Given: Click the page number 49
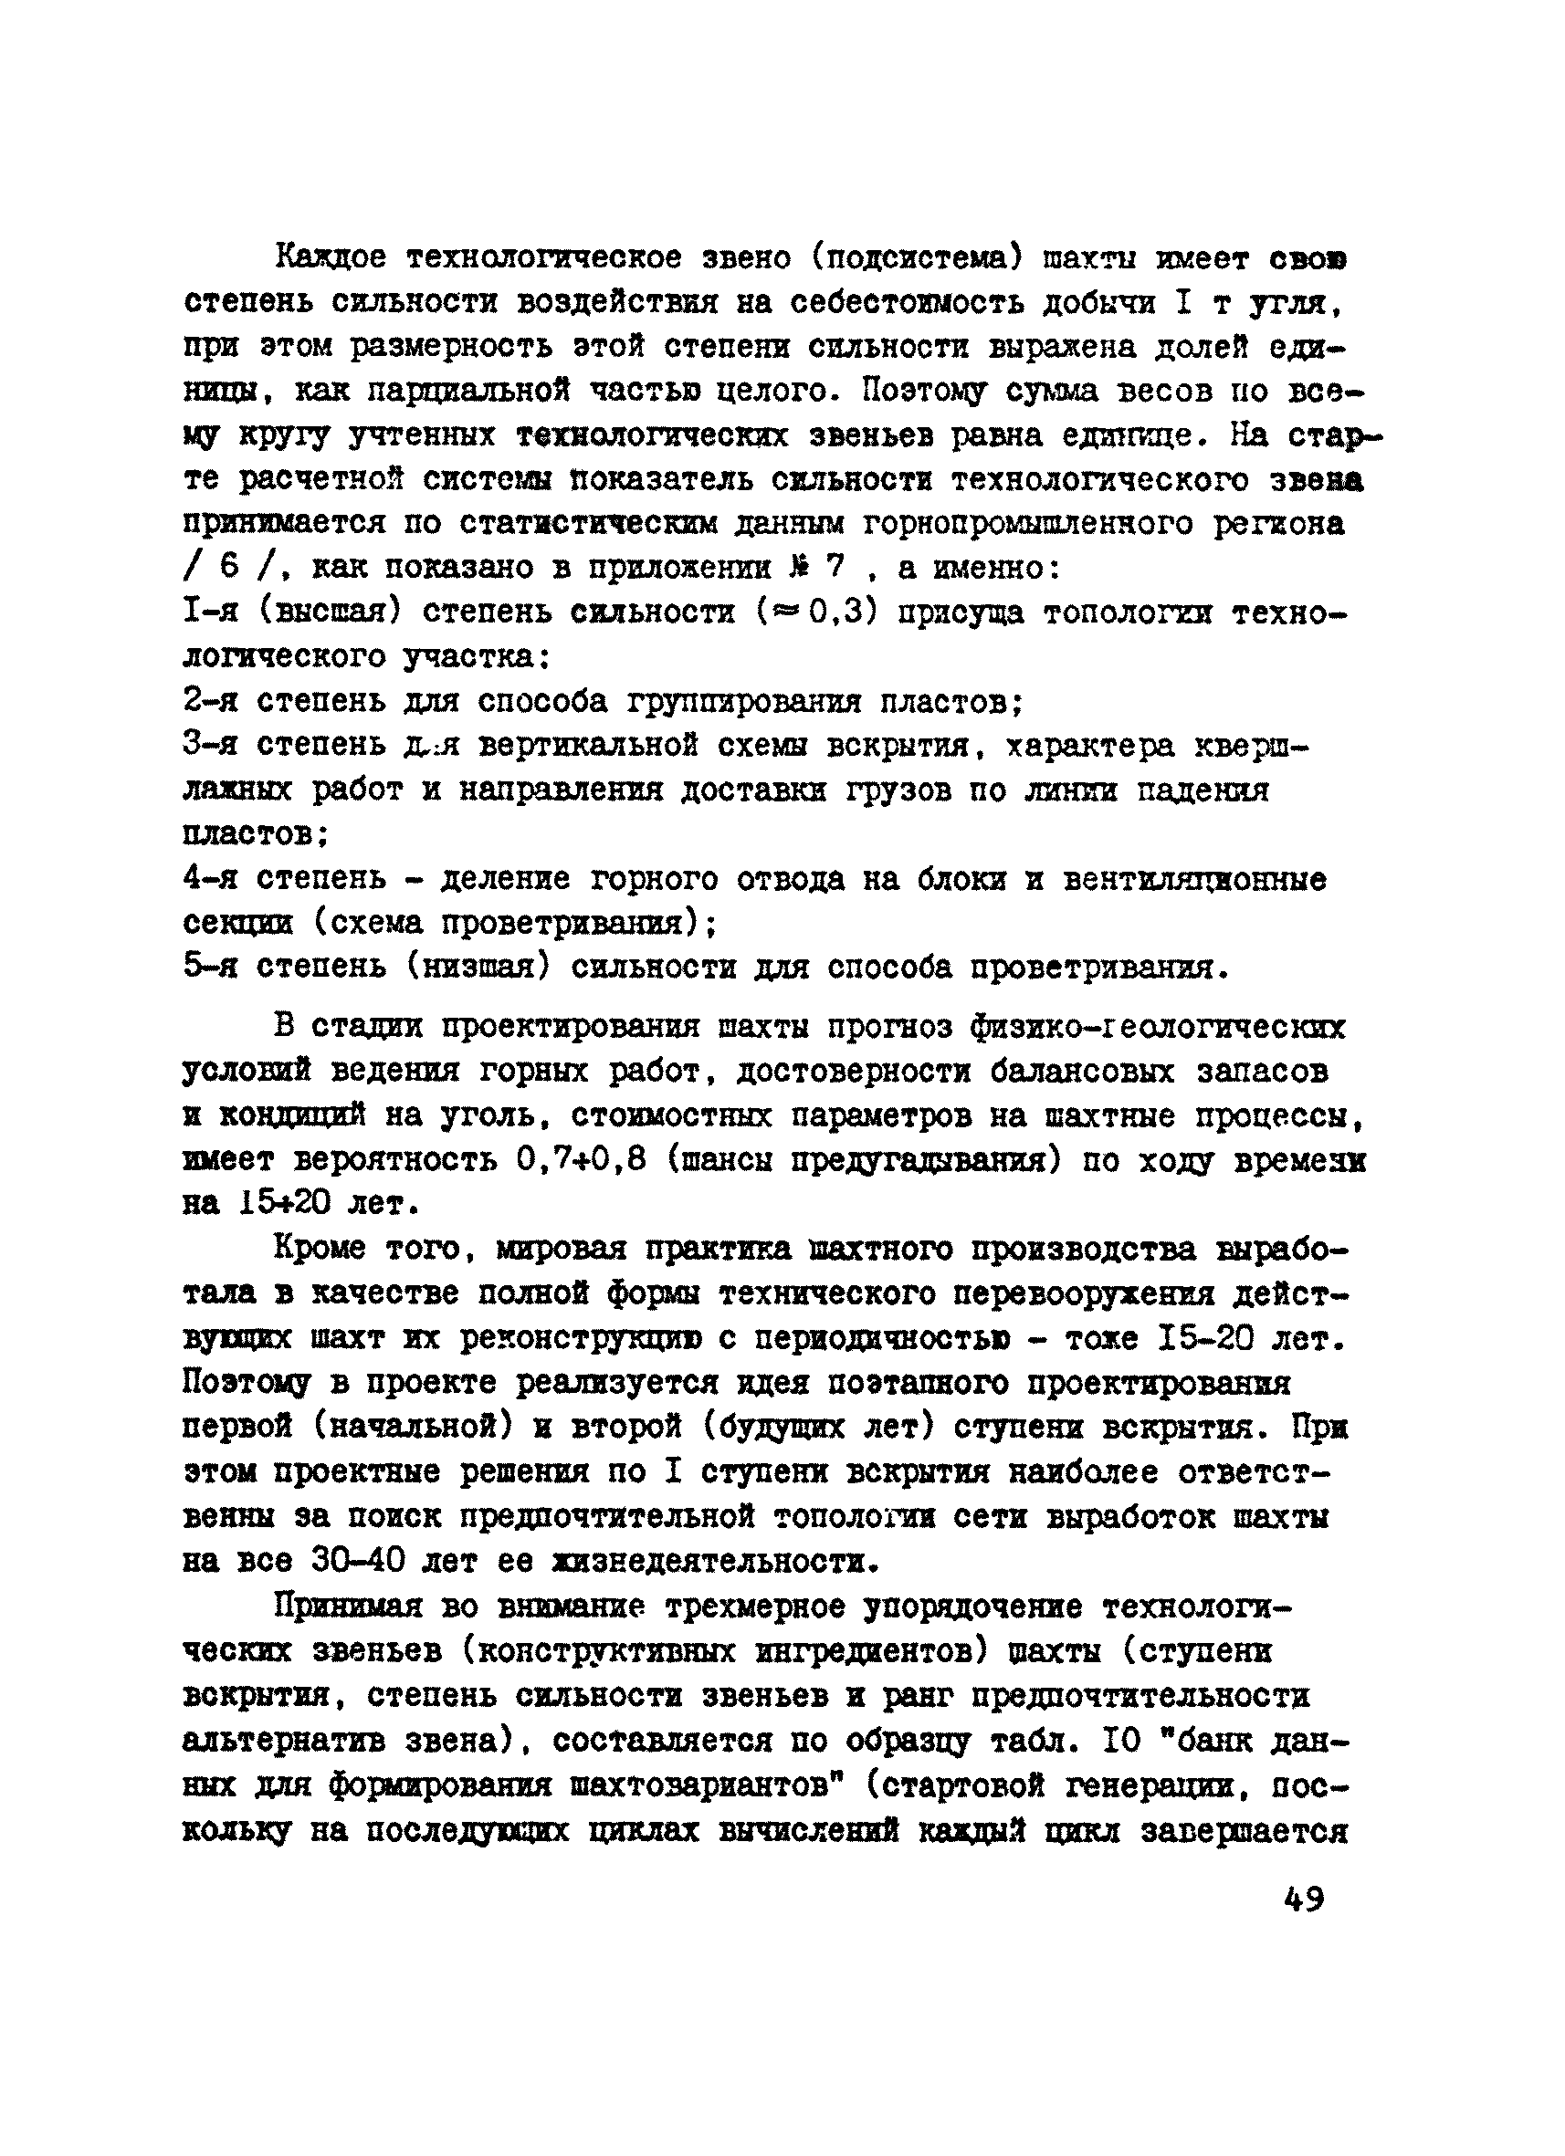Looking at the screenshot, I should point(1303,1900).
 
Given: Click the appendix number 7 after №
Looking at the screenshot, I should point(835,568).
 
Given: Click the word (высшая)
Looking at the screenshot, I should point(329,613).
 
